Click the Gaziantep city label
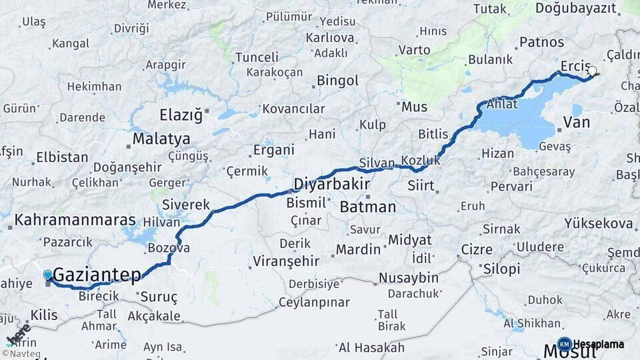97,274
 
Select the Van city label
577,123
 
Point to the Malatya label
161,139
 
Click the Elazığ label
181,115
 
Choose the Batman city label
368,207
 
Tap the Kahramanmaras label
75,220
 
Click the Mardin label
358,250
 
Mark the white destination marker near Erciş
592,70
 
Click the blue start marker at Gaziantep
47,275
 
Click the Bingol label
337,81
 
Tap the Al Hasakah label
371,347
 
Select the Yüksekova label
598,223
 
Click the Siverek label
186,205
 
